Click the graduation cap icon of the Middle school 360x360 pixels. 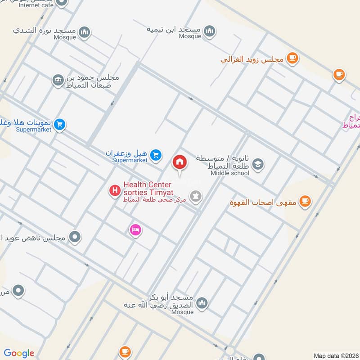pyautogui.click(x=258, y=164)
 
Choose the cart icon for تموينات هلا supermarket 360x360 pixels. pyautogui.click(x=59, y=125)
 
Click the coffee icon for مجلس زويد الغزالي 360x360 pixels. pyautogui.click(x=292, y=58)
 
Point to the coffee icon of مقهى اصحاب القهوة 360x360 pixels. pyautogui.click(x=306, y=201)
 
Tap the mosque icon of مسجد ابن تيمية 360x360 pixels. pyautogui.click(x=209, y=31)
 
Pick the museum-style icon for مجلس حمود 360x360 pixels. pyautogui.click(x=58, y=80)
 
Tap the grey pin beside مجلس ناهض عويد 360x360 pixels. pyautogui.click(x=75, y=236)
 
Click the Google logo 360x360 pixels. pyautogui.click(x=19, y=353)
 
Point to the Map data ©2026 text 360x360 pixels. pyautogui.click(x=336, y=355)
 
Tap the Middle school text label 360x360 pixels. pyautogui.click(x=229, y=173)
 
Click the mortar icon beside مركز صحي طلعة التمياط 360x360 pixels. pyautogui.click(x=196, y=196)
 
